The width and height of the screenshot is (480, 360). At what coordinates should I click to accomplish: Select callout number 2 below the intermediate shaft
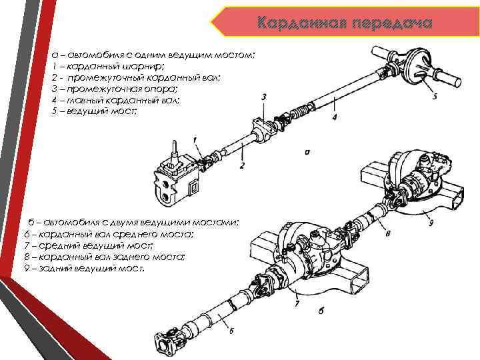(243, 164)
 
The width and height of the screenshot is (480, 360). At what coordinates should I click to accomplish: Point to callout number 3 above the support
(265, 97)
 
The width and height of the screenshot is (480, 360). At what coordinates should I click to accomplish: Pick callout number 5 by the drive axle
(435, 97)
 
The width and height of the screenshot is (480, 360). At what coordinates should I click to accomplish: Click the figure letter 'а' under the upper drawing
(307, 152)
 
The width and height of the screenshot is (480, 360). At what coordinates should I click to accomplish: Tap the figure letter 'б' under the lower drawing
(321, 310)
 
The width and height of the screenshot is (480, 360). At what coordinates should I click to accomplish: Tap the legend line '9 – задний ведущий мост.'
(83, 267)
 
